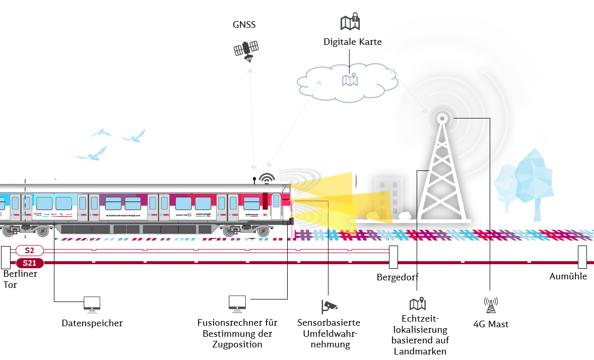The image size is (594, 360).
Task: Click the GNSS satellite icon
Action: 246,50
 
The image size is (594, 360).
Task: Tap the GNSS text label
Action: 244,25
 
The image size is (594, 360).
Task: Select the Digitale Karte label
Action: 353,42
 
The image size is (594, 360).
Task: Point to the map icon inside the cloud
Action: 350,80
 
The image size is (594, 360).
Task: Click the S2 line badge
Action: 30,250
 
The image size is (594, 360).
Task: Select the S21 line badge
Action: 30,263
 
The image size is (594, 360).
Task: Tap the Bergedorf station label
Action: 398,277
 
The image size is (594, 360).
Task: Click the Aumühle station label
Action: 568,276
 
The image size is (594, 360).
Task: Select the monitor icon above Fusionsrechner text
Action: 237,303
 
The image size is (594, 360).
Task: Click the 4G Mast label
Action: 491,324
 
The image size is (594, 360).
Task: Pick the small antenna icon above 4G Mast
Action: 491,304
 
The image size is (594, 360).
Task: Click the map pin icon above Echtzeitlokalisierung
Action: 418,304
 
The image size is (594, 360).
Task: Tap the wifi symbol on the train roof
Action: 267,178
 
